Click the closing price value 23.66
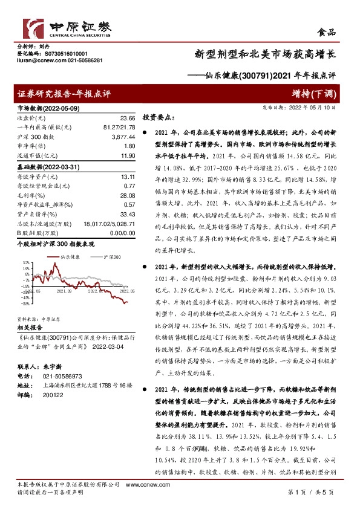[128, 118]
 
